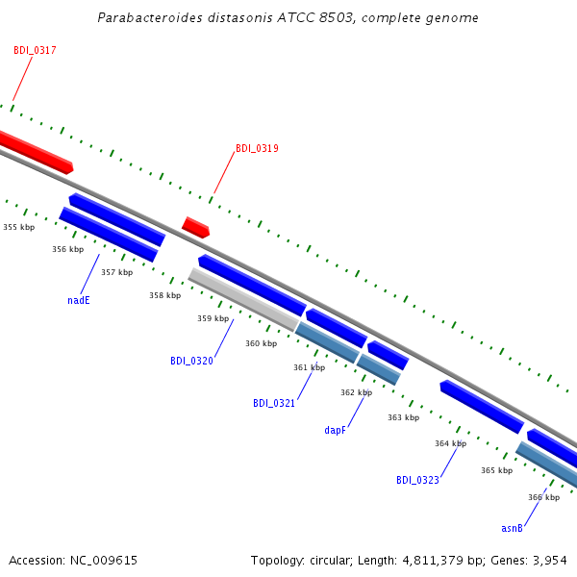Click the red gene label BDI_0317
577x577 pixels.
tap(35, 50)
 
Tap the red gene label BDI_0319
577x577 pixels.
tap(257, 148)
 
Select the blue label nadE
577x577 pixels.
tap(79, 300)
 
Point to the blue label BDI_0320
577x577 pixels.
tap(191, 361)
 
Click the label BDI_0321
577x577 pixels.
tap(274, 403)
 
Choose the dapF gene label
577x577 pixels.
tap(336, 430)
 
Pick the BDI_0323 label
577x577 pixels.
tap(417, 480)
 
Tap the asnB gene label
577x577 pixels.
tap(512, 528)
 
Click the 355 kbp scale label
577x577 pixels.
tap(19, 227)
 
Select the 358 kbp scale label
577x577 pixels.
tap(164, 295)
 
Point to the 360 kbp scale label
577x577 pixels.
tap(262, 343)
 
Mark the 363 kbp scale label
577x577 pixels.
tap(403, 417)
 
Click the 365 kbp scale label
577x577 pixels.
tap(497, 470)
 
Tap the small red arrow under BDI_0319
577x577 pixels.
tap(196, 227)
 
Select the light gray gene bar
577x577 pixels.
tap(243, 299)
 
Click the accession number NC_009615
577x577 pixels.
tap(104, 561)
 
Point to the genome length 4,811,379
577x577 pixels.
tap(433, 561)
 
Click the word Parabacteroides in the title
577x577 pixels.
tap(150, 17)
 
